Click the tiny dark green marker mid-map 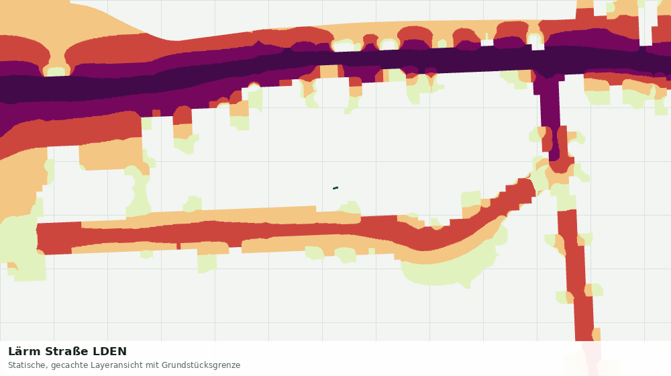pyautogui.click(x=335, y=188)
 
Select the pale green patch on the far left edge pyautogui.click(x=21, y=244)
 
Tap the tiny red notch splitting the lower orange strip pyautogui.click(x=178, y=246)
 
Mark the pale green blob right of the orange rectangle pyautogui.click(x=138, y=191)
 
